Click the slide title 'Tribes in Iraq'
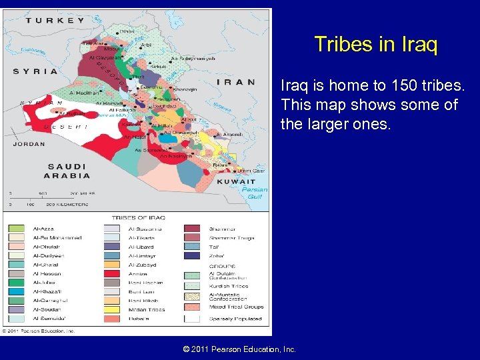click(x=375, y=45)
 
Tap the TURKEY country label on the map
click(x=55, y=20)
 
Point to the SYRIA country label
click(x=35, y=71)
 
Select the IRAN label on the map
click(x=236, y=82)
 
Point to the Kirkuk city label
click(x=159, y=67)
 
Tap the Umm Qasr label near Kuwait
click(x=251, y=171)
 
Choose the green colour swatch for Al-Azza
click(x=17, y=229)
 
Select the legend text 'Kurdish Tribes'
click(x=228, y=286)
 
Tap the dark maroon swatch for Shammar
click(x=192, y=229)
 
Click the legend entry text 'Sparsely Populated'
click(x=236, y=319)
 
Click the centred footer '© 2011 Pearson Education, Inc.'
click(x=239, y=349)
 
